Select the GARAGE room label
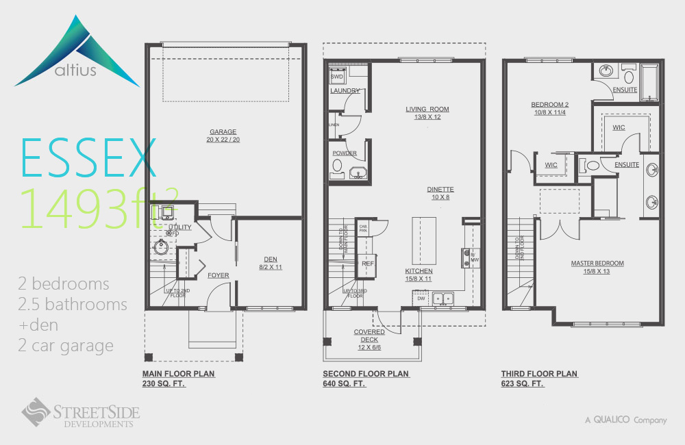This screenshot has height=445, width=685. [223, 131]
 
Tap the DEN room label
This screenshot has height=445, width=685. [271, 259]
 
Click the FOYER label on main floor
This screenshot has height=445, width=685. [219, 275]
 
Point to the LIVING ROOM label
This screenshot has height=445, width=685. [427, 109]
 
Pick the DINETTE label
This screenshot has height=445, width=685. [440, 190]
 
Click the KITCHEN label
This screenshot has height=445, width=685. [418, 271]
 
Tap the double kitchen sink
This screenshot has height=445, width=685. [442, 298]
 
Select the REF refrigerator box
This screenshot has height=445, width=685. [368, 264]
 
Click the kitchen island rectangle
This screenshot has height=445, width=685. [424, 240]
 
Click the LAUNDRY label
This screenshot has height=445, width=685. [345, 90]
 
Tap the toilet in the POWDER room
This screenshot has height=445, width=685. [337, 166]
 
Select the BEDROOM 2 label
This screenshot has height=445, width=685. [550, 105]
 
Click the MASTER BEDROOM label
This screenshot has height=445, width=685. [597, 263]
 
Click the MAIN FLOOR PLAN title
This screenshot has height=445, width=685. [178, 374]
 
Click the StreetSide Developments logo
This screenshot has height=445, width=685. [80, 414]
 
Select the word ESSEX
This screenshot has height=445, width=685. [89, 158]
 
